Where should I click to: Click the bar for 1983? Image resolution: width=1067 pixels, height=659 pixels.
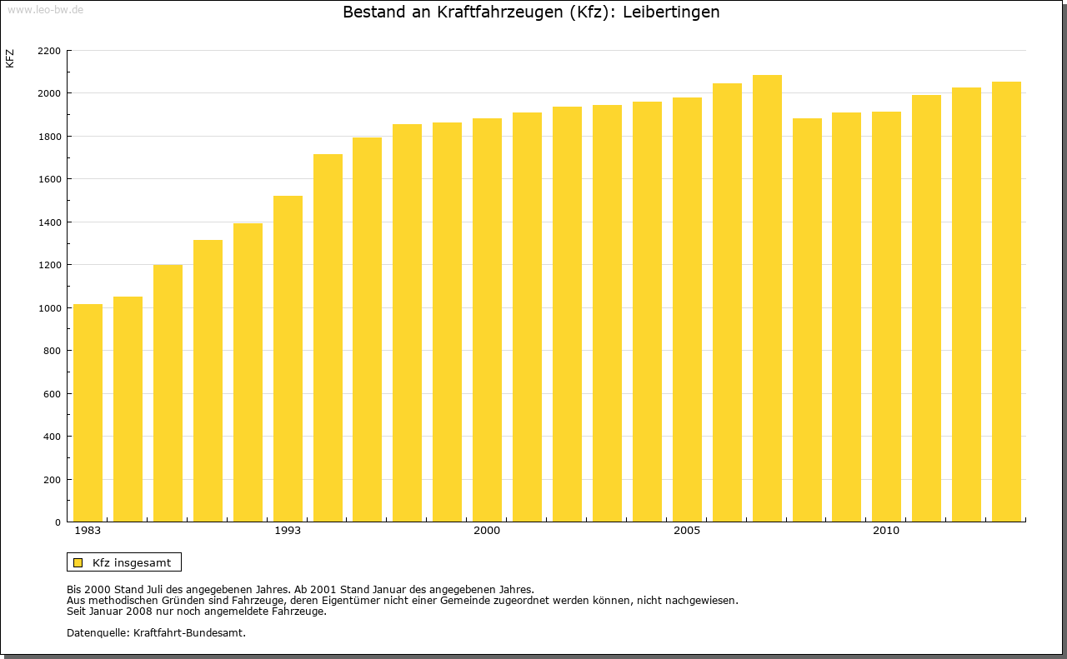tap(88, 413)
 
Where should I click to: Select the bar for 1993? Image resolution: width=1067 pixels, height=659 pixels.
tap(288, 359)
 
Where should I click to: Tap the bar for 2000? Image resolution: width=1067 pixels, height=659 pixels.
tap(487, 320)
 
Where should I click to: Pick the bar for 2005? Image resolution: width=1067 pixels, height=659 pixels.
tap(687, 310)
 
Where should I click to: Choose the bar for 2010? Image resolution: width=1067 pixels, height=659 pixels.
tap(886, 317)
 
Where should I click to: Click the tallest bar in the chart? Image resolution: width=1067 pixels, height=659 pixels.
tap(767, 298)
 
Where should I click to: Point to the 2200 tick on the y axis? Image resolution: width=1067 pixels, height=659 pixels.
tap(49, 51)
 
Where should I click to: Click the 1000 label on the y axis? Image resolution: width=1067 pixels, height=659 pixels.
tap(49, 308)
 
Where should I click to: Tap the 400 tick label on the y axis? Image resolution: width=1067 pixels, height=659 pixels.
tap(52, 437)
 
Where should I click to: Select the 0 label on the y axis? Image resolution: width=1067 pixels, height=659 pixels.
tap(58, 522)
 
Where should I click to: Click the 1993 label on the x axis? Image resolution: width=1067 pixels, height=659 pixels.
tap(288, 531)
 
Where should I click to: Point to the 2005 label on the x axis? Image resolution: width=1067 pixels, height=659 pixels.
tap(687, 531)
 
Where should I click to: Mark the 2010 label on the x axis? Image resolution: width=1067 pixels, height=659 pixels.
tap(886, 531)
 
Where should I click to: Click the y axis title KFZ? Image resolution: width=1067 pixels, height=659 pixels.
tap(10, 58)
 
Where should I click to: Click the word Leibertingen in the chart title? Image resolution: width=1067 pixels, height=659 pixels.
tap(671, 12)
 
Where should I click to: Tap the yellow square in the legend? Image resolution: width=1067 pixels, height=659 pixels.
tap(78, 562)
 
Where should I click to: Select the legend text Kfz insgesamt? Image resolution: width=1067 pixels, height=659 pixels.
tap(132, 562)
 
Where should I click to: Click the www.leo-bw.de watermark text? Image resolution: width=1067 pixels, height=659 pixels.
tap(44, 8)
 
